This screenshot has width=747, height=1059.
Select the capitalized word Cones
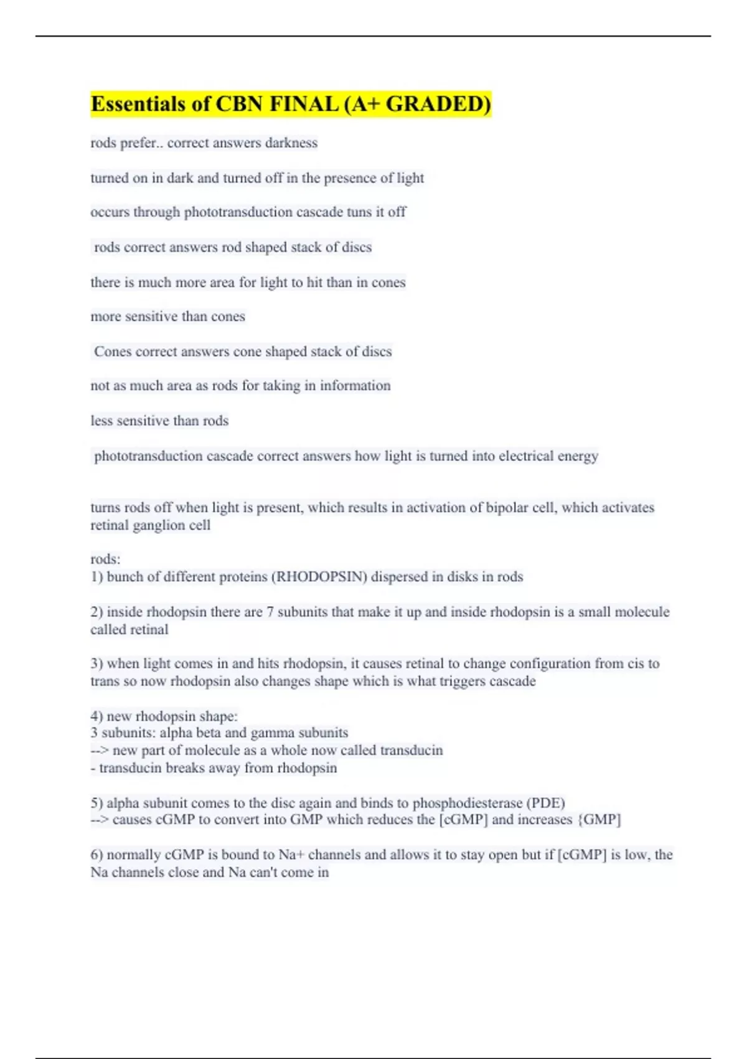coord(113,351)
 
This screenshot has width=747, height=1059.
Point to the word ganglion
coord(161,525)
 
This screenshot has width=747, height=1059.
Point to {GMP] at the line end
coord(599,820)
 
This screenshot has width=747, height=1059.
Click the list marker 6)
coord(96,855)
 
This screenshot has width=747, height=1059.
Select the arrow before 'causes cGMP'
coord(99,820)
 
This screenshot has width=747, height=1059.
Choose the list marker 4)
coord(96,716)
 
